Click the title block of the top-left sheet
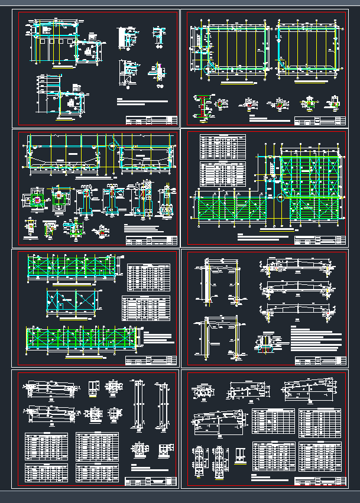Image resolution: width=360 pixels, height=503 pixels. tap(151, 121)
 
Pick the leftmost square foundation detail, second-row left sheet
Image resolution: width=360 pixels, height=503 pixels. tap(37, 199)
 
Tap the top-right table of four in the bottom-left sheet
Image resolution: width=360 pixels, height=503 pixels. tap(97, 446)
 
